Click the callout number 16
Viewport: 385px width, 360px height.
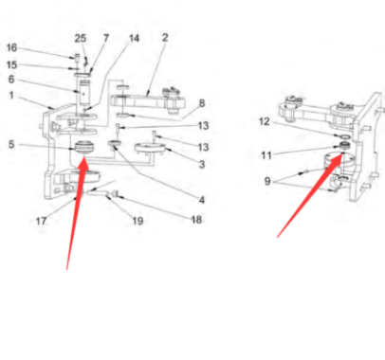tap(11, 48)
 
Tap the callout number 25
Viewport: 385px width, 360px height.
tap(81, 39)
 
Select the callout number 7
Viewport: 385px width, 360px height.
tap(106, 38)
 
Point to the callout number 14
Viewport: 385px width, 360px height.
tap(134, 38)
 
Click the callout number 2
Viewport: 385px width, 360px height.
tap(165, 38)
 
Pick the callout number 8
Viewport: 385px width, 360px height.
tap(202, 103)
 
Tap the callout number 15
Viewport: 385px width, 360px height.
tap(11, 64)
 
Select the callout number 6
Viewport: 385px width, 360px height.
tap(11, 79)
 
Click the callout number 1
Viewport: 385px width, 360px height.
tap(11, 95)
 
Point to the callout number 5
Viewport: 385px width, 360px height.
tap(11, 144)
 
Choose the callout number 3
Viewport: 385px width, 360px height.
tap(202, 164)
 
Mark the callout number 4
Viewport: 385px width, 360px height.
tap(202, 200)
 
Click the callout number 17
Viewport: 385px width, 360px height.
tap(41, 221)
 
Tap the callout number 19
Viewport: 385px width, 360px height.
tap(137, 221)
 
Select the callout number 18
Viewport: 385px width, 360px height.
tap(196, 220)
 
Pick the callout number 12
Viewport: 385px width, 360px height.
tap(265, 121)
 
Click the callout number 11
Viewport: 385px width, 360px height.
tap(266, 155)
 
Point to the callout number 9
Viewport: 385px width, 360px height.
tap(267, 181)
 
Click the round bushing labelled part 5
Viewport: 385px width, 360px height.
tap(84, 148)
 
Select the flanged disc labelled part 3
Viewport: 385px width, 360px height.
tap(150, 149)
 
